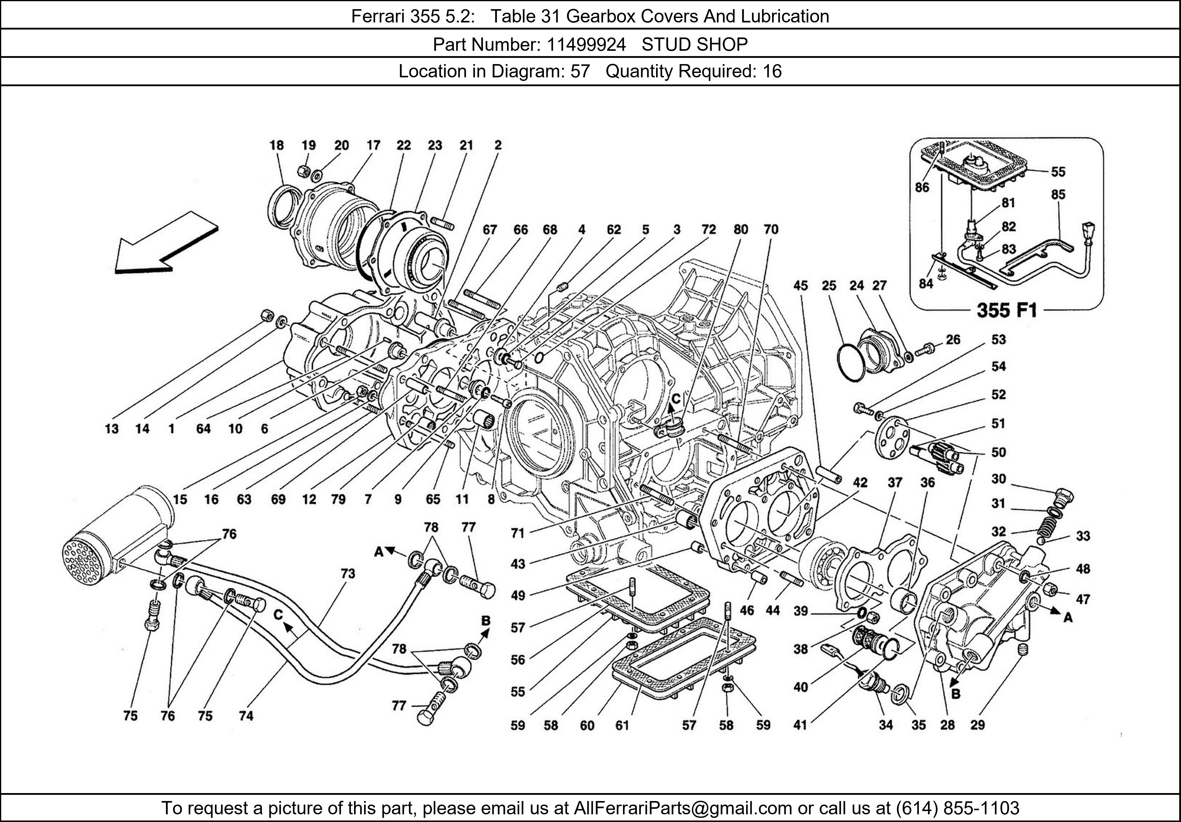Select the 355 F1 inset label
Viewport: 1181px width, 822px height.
coord(1006,310)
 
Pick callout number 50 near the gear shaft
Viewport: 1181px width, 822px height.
coord(999,452)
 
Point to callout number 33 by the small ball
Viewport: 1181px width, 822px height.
coord(1083,536)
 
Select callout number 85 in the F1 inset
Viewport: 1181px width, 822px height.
coord(1058,195)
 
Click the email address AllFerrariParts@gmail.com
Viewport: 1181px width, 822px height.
coord(683,808)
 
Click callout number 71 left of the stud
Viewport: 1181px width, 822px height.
coord(518,534)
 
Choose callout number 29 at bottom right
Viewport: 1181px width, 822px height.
coord(977,725)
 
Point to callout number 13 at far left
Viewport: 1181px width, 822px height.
coord(112,428)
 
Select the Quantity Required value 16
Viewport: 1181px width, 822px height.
coord(771,71)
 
